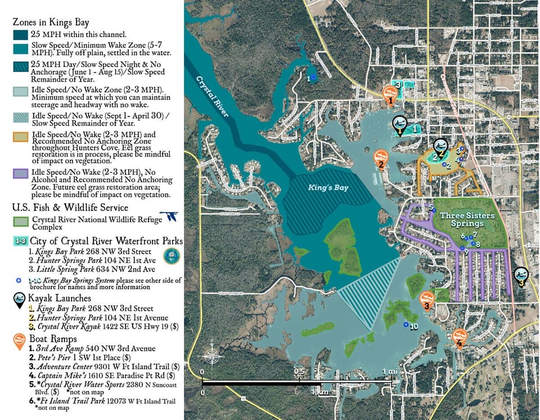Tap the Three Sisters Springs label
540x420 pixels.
[467, 219]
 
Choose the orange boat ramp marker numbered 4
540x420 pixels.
[460, 337]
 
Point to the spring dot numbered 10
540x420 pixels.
[406, 324]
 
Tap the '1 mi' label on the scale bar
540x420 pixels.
[390, 372]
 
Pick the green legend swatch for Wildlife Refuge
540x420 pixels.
[21, 220]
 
